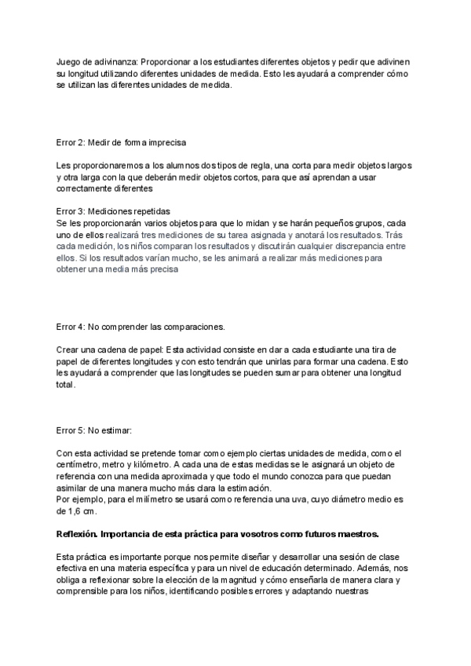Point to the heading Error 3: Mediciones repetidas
tap(113, 212)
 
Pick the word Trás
tap(395, 234)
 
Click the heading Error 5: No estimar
tap(94, 430)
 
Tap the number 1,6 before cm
tap(75, 510)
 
